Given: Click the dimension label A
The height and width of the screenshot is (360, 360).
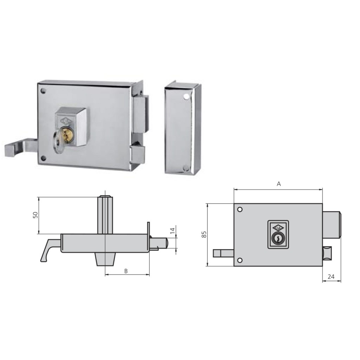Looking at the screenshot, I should (x=279, y=184).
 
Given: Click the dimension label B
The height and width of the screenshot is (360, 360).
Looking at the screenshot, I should (x=126, y=271).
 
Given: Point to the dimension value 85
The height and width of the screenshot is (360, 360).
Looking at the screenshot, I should (x=204, y=235).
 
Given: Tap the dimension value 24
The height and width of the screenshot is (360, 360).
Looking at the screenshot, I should (x=331, y=277).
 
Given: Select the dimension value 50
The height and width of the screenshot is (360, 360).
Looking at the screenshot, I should (x=35, y=215).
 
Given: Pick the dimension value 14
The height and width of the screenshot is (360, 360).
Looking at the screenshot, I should (x=172, y=231).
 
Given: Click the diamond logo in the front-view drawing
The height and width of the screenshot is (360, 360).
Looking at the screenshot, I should (x=277, y=227).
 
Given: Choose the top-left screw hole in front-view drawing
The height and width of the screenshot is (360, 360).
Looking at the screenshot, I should (x=240, y=210).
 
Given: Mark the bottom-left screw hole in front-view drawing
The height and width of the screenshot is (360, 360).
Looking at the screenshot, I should (x=240, y=260).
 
